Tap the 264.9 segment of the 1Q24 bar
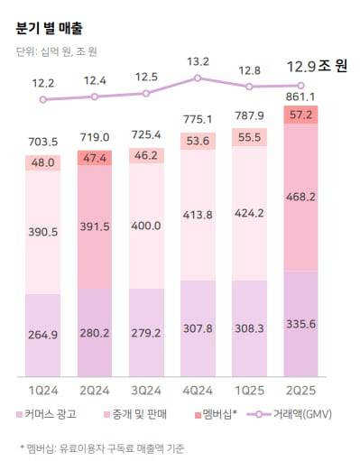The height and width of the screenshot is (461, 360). [43, 337]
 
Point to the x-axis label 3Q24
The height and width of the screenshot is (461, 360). [145, 389]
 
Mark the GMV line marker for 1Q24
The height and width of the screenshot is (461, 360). [43, 99]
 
